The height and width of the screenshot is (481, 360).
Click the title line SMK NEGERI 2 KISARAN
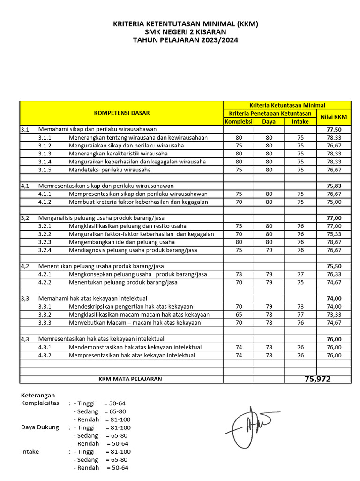tap(186, 32)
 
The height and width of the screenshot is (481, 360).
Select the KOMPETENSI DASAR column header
tap(122, 113)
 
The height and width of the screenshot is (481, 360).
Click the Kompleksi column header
tap(239, 121)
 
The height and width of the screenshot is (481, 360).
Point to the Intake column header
tap(300, 121)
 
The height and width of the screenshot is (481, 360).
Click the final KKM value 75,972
tap(317, 379)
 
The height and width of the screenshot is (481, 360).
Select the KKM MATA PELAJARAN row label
tap(130, 379)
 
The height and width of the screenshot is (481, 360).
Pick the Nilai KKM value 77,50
tap(334, 129)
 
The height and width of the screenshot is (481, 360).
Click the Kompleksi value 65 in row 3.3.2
tap(239, 314)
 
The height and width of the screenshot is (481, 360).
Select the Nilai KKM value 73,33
tap(334, 314)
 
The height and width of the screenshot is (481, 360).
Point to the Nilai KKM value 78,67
tap(334, 242)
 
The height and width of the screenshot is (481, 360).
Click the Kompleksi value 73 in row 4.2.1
tap(239, 274)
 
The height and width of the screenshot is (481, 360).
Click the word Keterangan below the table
tap(38, 396)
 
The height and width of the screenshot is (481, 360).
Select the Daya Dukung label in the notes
tap(40, 427)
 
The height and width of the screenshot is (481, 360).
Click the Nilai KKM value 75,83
tap(334, 186)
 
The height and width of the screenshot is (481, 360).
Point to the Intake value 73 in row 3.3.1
tap(300, 306)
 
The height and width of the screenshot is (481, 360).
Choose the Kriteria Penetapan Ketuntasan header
tap(270, 114)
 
